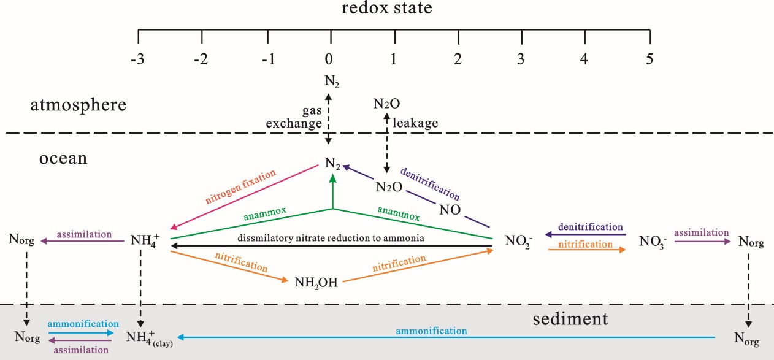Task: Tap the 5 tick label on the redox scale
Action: click(x=649, y=59)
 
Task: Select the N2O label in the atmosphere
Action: click(x=386, y=104)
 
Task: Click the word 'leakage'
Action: click(x=416, y=123)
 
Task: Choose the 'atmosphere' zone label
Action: click(x=79, y=105)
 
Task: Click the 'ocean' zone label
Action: click(x=63, y=159)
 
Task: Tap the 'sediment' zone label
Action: click(x=570, y=319)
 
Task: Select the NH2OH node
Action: click(x=316, y=283)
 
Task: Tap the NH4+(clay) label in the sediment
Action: click(x=149, y=337)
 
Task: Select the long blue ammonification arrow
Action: click(x=448, y=337)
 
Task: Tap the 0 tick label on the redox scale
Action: click(x=330, y=59)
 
